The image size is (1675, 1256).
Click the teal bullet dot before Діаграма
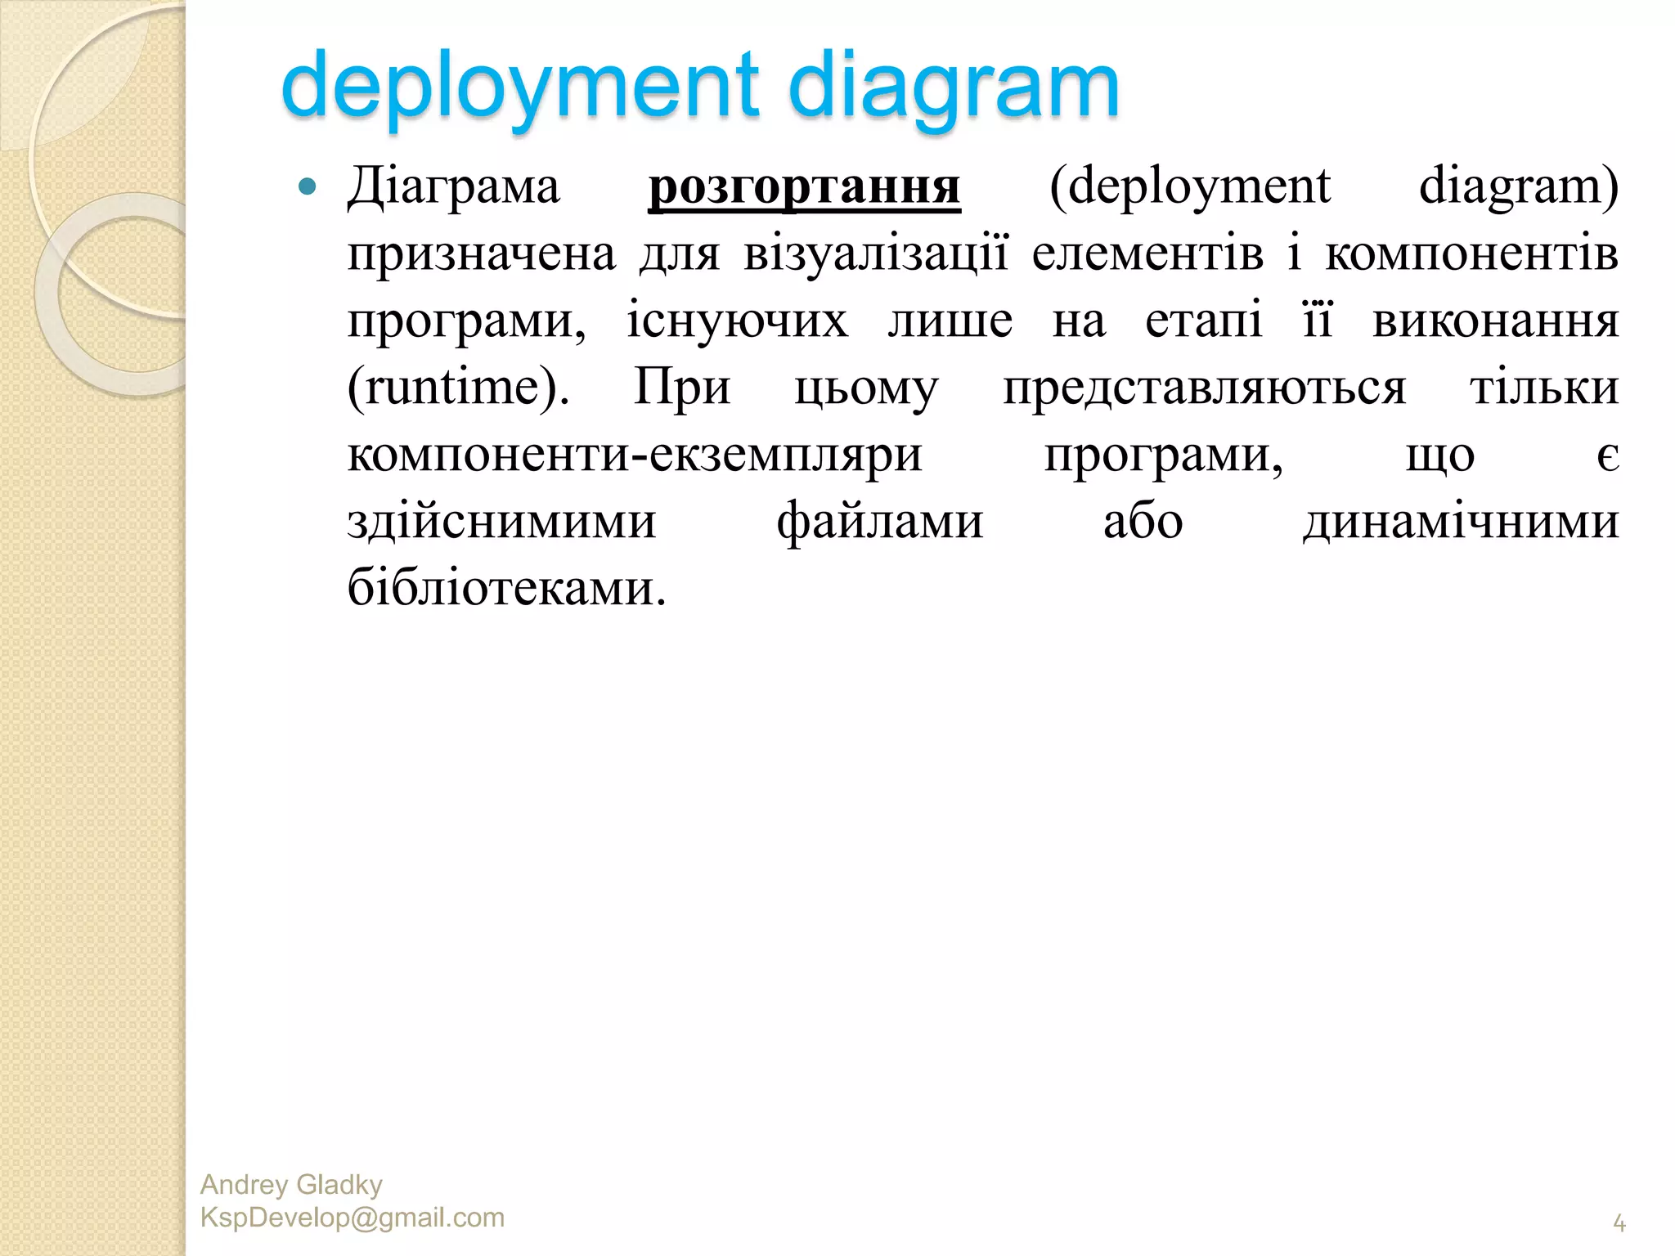tap(308, 187)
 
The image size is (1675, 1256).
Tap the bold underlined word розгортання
tap(804, 187)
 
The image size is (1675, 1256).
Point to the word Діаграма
tap(454, 187)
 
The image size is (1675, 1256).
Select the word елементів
tap(1147, 253)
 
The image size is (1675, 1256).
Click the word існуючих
tap(738, 321)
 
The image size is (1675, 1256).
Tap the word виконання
tap(1495, 321)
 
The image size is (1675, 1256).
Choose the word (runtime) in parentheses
tap(458, 388)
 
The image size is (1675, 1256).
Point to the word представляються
tap(1205, 388)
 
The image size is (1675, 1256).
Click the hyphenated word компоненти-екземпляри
tap(635, 455)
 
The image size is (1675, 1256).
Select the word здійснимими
tap(501, 522)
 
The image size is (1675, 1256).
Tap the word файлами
tap(880, 522)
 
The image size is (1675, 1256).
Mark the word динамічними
tap(1461, 522)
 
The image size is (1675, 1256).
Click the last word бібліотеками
tap(506, 588)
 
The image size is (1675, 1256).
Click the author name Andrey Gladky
tap(291, 1185)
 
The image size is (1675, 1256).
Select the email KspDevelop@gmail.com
tap(353, 1218)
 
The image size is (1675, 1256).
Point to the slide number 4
tap(1619, 1224)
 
